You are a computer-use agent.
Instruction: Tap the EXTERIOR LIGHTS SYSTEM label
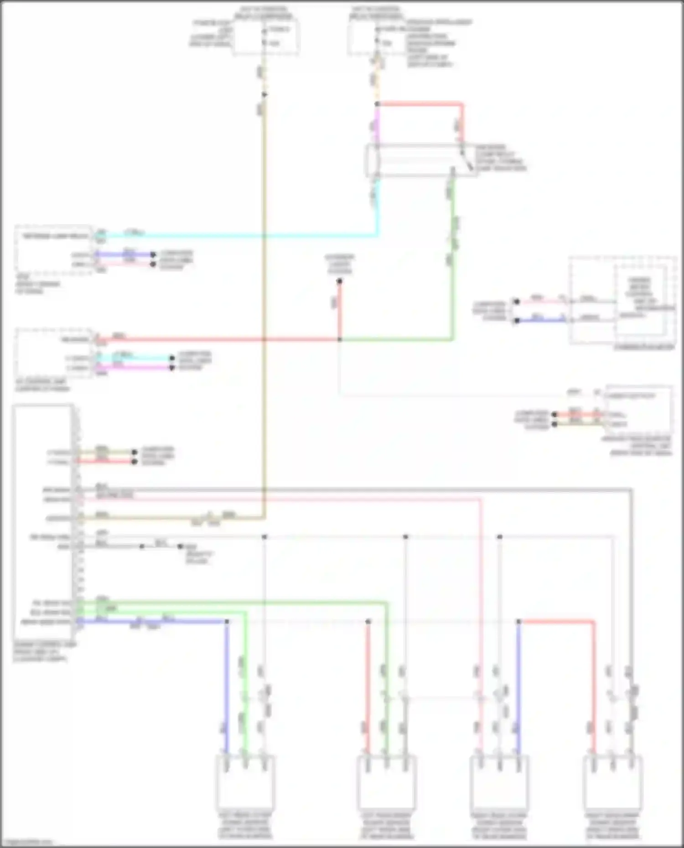(x=340, y=264)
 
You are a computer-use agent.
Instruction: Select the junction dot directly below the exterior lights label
(x=339, y=282)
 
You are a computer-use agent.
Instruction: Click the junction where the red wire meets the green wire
(x=339, y=339)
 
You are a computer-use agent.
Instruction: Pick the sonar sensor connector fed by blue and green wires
(x=245, y=781)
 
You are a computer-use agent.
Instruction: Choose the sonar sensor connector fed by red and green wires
(x=386, y=781)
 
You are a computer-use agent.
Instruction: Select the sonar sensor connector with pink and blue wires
(x=499, y=781)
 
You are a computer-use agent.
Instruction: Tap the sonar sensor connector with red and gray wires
(x=612, y=781)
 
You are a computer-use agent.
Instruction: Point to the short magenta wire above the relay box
(x=377, y=125)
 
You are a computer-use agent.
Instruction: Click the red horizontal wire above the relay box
(x=420, y=104)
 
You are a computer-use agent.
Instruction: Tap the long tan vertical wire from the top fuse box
(x=264, y=319)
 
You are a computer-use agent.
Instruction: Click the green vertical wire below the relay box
(x=452, y=273)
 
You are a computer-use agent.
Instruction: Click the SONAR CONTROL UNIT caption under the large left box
(x=44, y=652)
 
